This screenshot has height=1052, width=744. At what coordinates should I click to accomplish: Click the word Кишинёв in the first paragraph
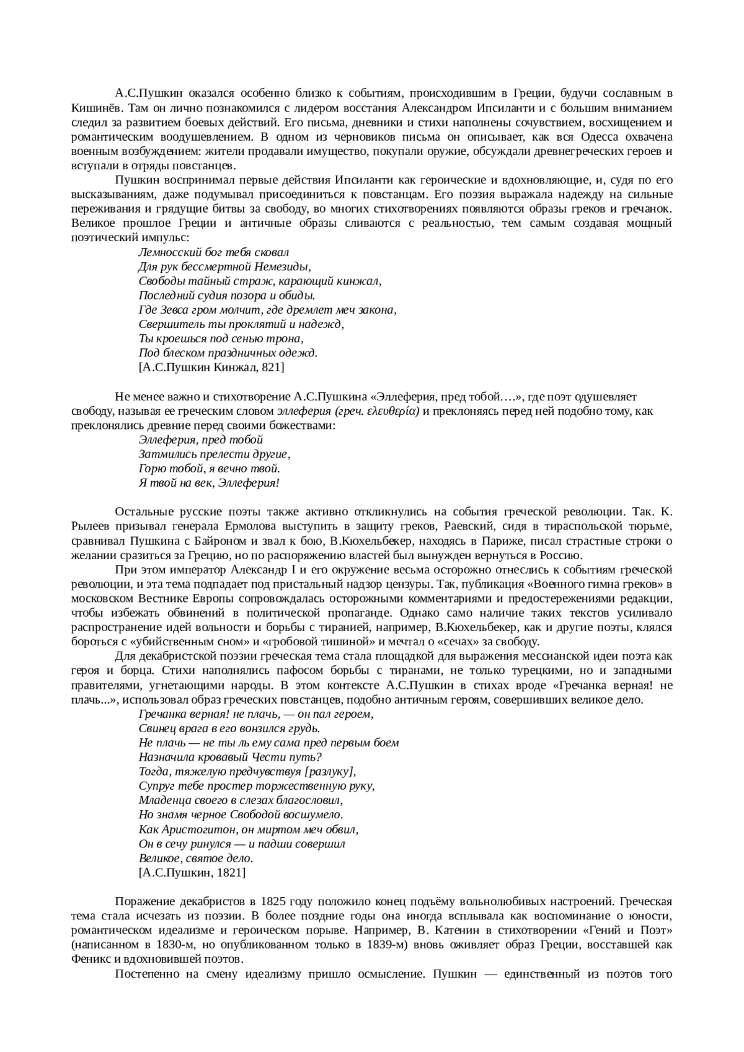click(x=92, y=107)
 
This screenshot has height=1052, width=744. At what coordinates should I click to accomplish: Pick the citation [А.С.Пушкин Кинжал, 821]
click(x=211, y=367)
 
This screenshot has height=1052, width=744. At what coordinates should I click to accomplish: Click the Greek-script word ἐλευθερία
click(x=393, y=411)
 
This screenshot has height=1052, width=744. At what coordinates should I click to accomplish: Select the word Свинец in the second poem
click(x=156, y=728)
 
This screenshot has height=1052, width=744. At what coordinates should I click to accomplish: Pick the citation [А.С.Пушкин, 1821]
click(x=192, y=872)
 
